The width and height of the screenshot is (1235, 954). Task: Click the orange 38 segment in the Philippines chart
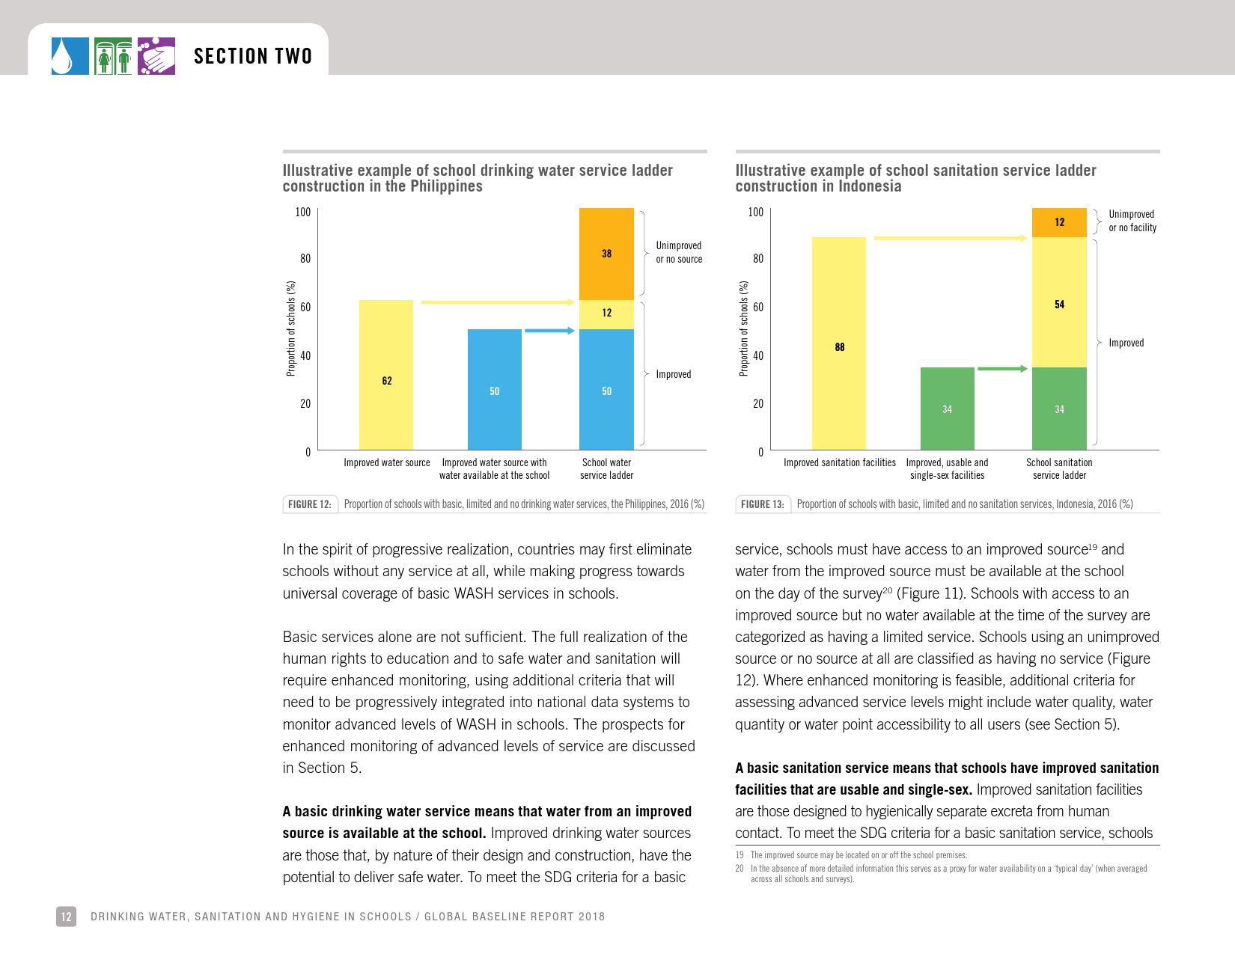pos(606,254)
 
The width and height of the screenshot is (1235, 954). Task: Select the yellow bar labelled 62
pos(386,374)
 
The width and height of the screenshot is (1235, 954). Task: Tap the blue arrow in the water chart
pos(549,330)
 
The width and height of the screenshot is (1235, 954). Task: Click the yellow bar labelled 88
pos(839,343)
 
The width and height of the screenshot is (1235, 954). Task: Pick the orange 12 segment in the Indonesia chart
pos(1059,222)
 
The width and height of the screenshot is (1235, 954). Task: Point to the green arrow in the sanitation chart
pos(1003,368)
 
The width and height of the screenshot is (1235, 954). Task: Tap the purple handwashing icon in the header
pos(156,57)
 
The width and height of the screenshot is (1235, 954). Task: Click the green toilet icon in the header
pos(114,57)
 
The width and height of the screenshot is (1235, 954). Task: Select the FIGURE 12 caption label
pos(310,504)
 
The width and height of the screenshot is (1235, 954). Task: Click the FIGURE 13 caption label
pos(763,504)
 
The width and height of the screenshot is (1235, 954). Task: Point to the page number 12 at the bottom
pos(66,917)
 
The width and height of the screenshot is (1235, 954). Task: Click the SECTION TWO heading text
pos(253,57)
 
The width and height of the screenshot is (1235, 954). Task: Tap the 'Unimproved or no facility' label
pos(1132,221)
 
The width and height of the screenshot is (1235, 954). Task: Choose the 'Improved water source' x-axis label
pos(387,462)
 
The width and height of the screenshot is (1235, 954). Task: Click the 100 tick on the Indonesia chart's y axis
pos(756,212)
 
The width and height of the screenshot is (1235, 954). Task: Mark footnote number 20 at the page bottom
pos(740,869)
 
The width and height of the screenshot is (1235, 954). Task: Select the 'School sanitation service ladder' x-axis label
pos(1059,468)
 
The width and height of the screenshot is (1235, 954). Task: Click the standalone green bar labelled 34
pos(947,409)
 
